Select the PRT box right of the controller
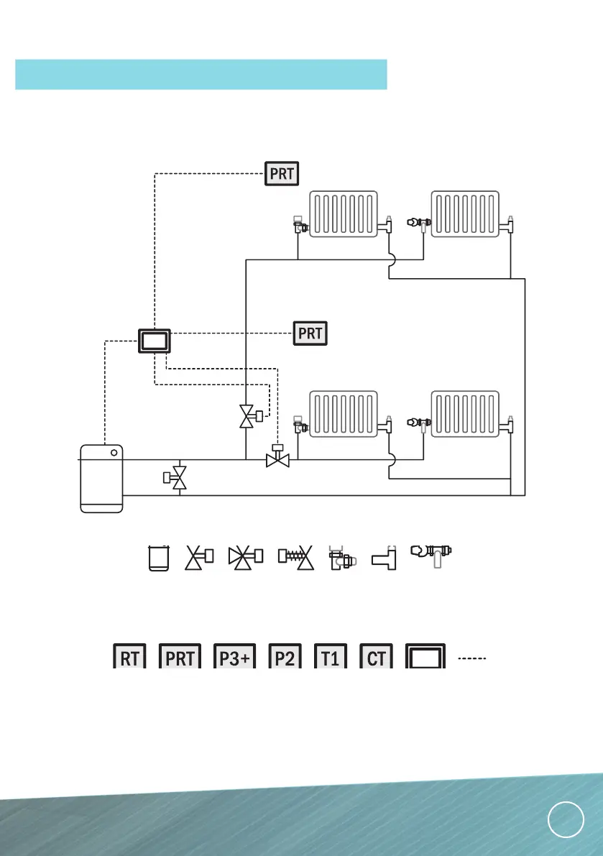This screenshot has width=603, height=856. pyautogui.click(x=310, y=333)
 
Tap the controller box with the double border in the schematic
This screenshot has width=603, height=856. pyautogui.click(x=155, y=341)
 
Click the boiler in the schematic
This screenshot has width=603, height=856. pyautogui.click(x=101, y=478)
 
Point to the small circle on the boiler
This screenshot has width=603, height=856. pyautogui.click(x=114, y=454)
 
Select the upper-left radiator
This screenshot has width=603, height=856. pyautogui.click(x=344, y=213)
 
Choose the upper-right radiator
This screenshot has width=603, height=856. pyautogui.click(x=464, y=213)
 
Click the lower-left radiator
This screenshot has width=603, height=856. pyautogui.click(x=344, y=414)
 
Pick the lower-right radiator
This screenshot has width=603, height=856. pyautogui.click(x=464, y=414)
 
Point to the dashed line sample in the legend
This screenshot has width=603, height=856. pyautogui.click(x=472, y=658)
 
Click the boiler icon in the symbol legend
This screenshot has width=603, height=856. pyautogui.click(x=158, y=558)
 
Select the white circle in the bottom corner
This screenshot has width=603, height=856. pyautogui.click(x=564, y=819)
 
